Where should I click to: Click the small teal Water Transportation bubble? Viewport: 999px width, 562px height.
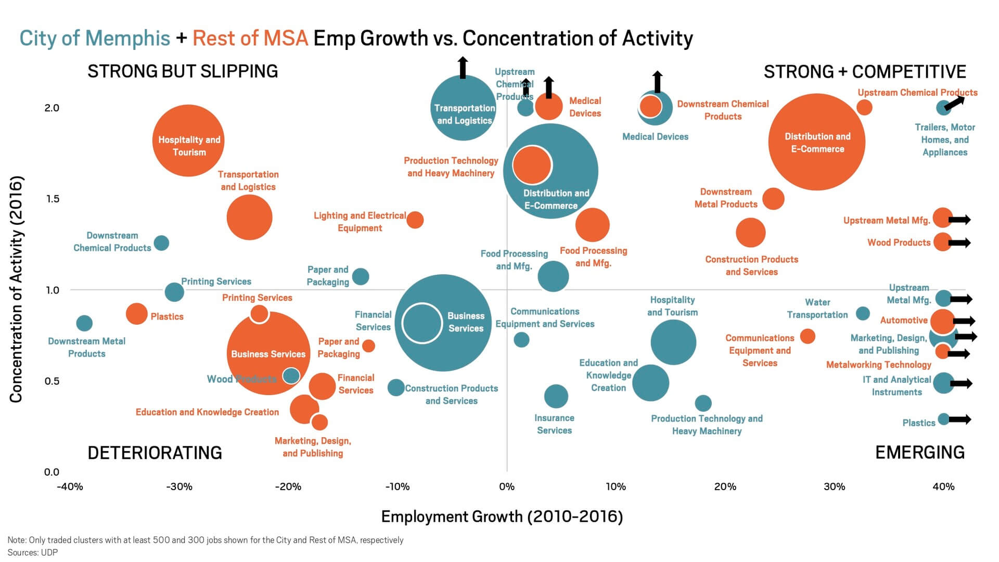click(x=863, y=313)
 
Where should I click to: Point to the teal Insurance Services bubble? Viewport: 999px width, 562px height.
click(x=556, y=396)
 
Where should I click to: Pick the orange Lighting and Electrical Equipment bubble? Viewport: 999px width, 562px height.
click(x=415, y=220)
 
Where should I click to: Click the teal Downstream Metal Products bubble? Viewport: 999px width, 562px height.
click(x=84, y=323)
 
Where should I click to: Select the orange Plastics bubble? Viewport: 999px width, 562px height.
click(x=137, y=314)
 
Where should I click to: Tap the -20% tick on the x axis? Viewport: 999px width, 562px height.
click(x=288, y=487)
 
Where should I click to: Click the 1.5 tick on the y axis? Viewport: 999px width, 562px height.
click(x=52, y=199)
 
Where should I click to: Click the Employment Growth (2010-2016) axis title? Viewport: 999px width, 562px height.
click(x=502, y=517)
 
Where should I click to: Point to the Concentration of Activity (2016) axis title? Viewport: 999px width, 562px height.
click(x=16, y=289)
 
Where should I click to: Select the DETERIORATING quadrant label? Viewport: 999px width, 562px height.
click(x=155, y=453)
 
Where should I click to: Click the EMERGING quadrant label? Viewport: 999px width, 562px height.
click(x=919, y=453)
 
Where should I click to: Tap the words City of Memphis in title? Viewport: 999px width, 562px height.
click(x=95, y=39)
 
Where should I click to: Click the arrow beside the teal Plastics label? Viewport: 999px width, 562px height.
click(x=960, y=419)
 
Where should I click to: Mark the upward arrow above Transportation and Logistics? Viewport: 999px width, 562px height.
click(x=463, y=68)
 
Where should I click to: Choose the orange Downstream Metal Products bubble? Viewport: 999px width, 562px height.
click(x=773, y=199)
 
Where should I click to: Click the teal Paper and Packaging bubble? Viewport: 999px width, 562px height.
click(x=361, y=276)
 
